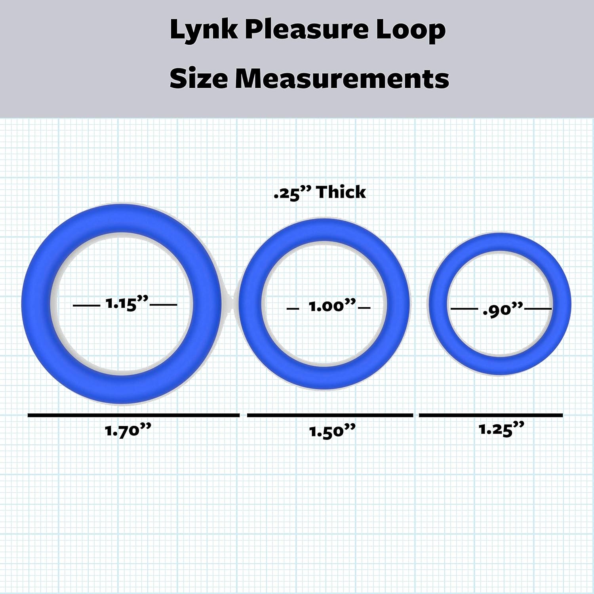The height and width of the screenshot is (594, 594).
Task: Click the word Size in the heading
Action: (198, 78)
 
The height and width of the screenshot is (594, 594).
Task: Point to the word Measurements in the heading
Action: (342, 78)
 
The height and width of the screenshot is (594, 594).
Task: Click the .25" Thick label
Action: (320, 193)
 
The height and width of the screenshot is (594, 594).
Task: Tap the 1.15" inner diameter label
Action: (126, 304)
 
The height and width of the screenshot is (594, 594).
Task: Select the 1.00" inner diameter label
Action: (332, 306)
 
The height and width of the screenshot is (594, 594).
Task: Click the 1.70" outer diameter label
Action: (128, 430)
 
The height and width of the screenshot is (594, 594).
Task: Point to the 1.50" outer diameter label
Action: (332, 431)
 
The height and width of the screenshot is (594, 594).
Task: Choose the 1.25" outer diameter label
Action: (501, 429)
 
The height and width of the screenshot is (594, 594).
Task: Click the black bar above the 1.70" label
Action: (133, 415)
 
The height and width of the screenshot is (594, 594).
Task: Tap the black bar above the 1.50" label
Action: (330, 415)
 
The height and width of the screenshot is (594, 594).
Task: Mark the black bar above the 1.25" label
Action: (491, 415)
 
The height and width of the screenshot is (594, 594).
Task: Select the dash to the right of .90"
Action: (538, 308)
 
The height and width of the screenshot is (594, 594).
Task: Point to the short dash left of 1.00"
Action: (293, 308)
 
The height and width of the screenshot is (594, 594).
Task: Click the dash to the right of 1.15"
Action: (164, 305)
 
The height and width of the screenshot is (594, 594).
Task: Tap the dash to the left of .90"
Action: (464, 308)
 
